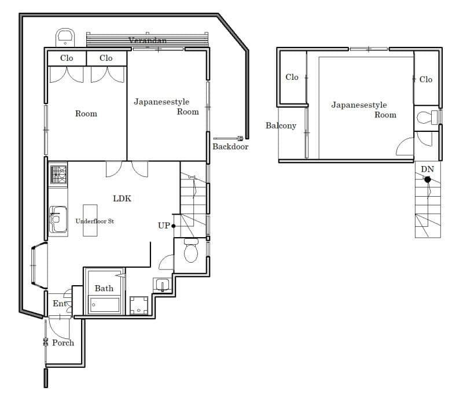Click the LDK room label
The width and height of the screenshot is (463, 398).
coord(122,198)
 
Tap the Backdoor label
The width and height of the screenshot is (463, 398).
coord(230,146)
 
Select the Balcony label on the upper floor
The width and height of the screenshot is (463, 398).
coord(281,126)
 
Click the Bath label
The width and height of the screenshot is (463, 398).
coord(104,288)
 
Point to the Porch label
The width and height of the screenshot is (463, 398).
coord(63,343)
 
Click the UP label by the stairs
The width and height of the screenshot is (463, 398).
coord(164,226)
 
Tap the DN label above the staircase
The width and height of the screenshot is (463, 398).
coord(427,169)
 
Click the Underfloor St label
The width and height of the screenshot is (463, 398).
coord(94,221)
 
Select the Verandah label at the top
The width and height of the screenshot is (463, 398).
coord(148,40)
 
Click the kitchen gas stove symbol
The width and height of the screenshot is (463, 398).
coord(58,175)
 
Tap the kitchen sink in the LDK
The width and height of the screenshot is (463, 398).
coord(58,219)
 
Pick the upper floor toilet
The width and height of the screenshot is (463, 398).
coord(427,117)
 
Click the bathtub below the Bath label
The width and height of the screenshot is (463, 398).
coord(105,305)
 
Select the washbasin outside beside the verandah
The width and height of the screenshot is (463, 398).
coord(65,38)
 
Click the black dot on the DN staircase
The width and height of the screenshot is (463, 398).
coord(428,179)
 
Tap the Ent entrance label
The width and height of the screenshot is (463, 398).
coord(60,304)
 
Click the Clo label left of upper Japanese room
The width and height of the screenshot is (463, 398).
coord(292,77)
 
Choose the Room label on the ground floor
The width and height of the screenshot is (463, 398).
coord(86,113)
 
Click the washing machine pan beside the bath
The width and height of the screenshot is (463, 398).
coord(139,305)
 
